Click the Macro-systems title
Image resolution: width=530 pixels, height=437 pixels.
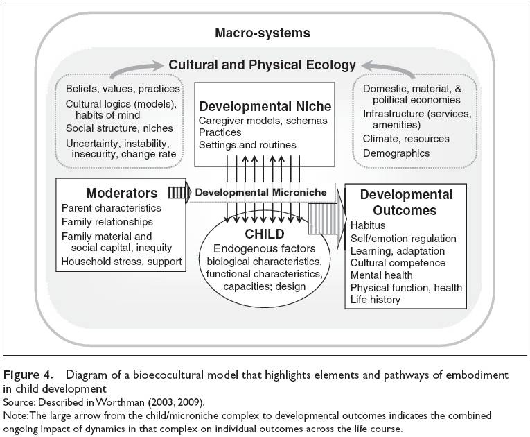[263, 33]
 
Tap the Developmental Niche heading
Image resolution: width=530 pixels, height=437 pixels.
[265, 106]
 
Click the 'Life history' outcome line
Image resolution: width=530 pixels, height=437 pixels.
[376, 300]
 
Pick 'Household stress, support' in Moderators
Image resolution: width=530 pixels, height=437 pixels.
[121, 262]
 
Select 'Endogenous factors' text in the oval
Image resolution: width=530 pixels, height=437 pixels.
[264, 249]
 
